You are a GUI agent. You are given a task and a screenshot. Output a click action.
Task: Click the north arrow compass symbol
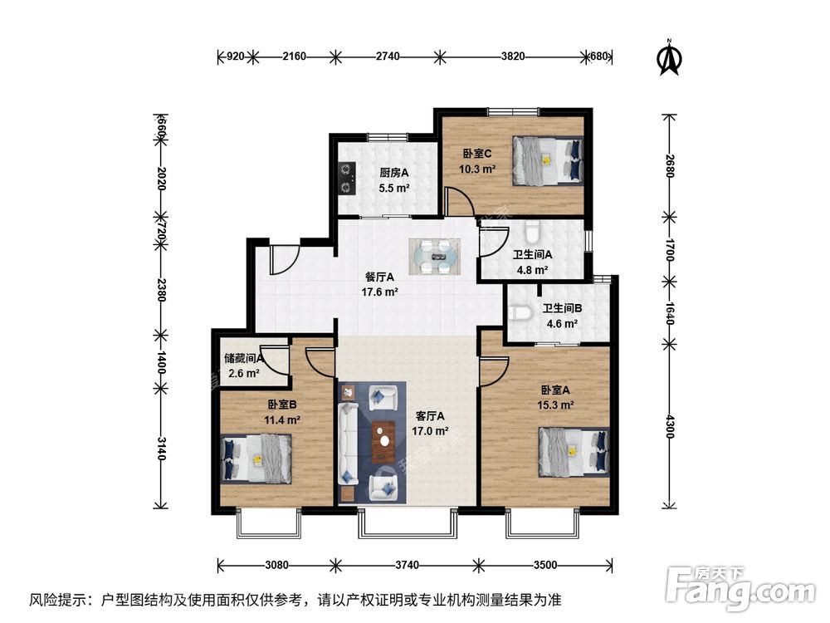pos(669,56)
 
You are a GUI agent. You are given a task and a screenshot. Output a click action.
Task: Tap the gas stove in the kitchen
pos(346,175)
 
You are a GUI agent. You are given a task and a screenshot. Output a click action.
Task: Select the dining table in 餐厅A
pos(435,256)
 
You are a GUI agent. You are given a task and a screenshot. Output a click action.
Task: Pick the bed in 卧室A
pos(574,451)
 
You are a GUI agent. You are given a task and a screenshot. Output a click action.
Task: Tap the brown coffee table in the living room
pos(383,441)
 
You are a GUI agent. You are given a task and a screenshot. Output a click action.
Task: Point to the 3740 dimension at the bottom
pos(407,566)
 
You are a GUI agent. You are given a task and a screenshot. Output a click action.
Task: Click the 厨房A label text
pos(395,173)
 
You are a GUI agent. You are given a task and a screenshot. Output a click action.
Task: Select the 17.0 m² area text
pos(430,431)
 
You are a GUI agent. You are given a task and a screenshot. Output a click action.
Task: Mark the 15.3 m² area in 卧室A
pos(557,405)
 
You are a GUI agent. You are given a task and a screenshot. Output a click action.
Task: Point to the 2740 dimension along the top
pos(388,56)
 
